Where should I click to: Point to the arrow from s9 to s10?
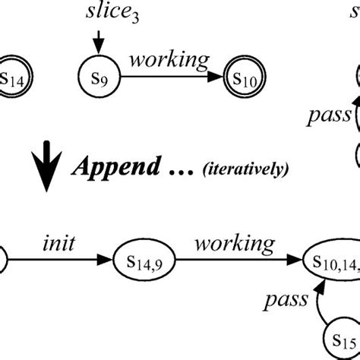(172, 76)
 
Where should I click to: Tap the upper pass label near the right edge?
(328, 115)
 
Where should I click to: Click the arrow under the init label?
(61, 261)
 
